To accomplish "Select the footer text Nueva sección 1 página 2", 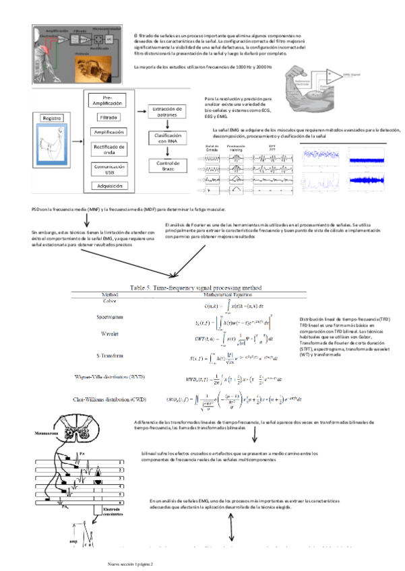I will click(x=131, y=563).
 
